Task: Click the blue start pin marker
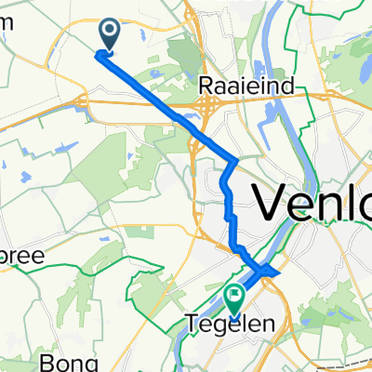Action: (x=110, y=35)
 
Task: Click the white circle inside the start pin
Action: (x=110, y=33)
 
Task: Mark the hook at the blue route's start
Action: (x=100, y=53)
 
